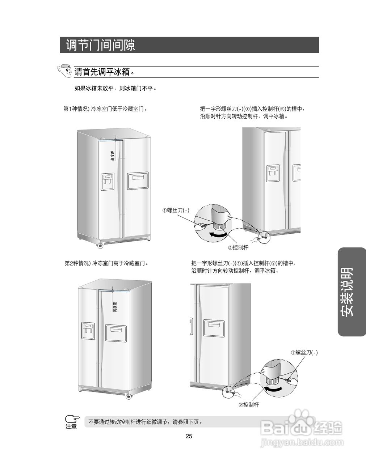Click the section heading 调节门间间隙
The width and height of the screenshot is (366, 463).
[x=101, y=45]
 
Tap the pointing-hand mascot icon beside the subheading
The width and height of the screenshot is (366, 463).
[x=65, y=71]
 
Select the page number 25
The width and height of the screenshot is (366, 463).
[x=189, y=436]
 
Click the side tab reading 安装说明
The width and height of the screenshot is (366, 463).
[x=351, y=292]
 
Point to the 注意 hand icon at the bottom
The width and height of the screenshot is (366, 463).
[x=72, y=421]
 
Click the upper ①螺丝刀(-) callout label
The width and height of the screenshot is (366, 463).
[x=176, y=210]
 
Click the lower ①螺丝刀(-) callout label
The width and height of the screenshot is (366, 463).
[x=304, y=352]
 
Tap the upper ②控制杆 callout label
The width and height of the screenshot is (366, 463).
[x=238, y=248]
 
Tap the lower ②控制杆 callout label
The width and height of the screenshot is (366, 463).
[x=249, y=405]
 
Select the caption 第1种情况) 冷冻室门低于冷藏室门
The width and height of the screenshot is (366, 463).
[x=106, y=109]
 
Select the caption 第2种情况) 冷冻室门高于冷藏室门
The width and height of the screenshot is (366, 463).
[x=106, y=263]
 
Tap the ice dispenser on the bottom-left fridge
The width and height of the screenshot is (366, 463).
[x=88, y=331]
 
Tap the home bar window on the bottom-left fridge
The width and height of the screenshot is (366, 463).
[x=116, y=333]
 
